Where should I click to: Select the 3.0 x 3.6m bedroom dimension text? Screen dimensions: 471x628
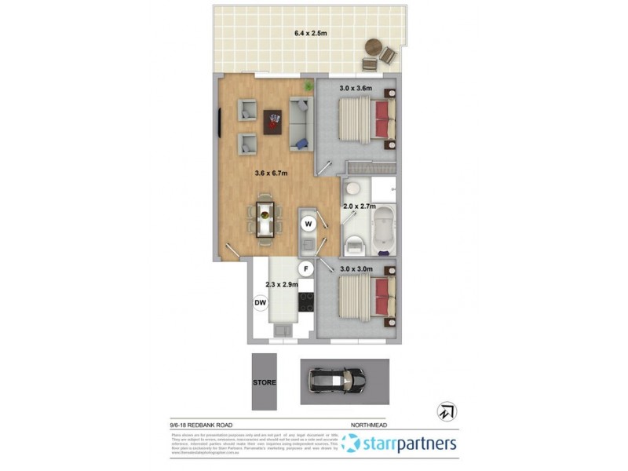point(355,89)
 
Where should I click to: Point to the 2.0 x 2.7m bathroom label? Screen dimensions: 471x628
point(360,206)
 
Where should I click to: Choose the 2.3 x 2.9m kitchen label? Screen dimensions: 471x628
point(282,285)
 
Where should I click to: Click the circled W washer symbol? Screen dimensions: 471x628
point(309,224)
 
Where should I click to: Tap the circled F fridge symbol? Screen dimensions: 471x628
point(309,268)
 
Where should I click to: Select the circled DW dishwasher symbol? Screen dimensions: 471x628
point(261,302)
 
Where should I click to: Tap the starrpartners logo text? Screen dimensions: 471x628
point(409,444)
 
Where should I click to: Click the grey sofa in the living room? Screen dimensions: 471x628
point(300,124)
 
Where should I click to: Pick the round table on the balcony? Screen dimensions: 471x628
point(371,49)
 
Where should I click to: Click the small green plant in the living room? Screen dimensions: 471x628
point(309,85)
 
